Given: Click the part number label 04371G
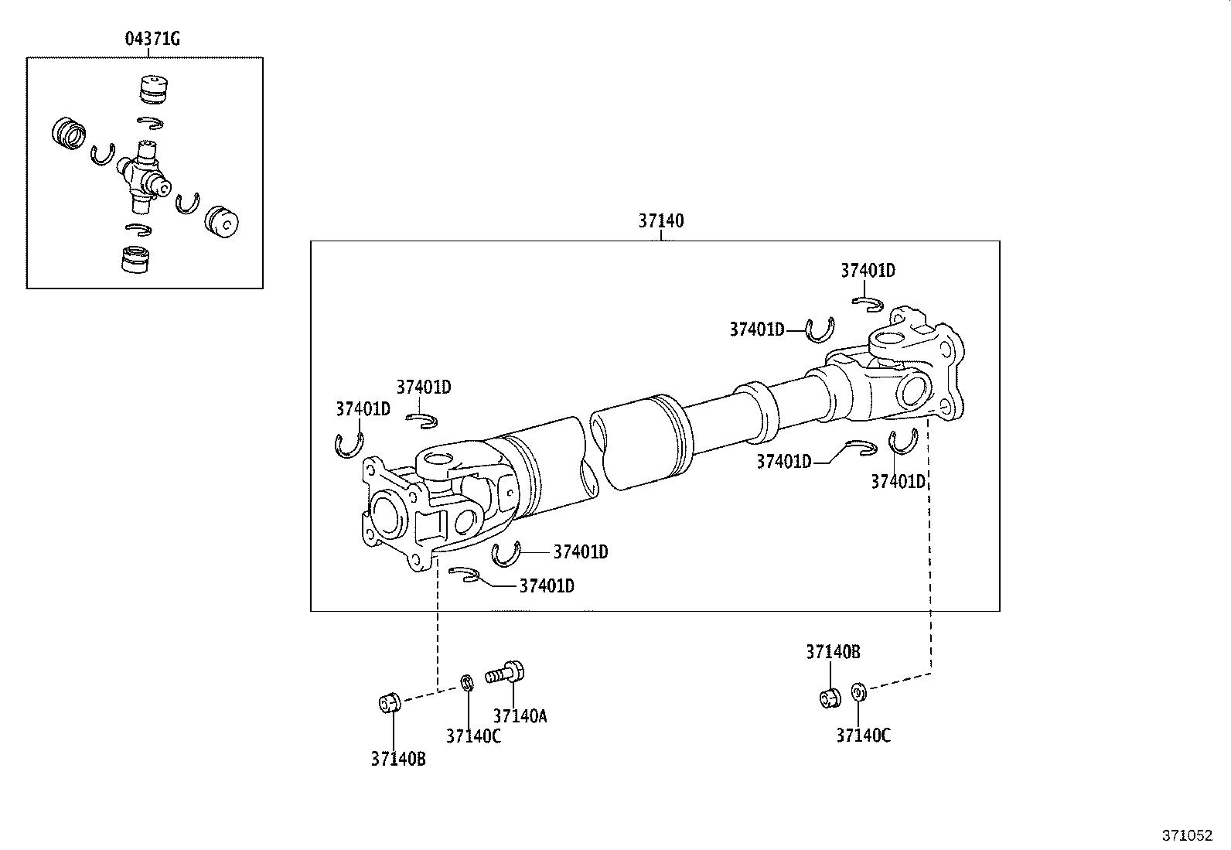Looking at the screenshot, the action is [x=152, y=39].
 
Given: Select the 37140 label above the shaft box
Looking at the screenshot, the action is [x=660, y=220].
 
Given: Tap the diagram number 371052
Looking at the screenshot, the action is [x=1187, y=836].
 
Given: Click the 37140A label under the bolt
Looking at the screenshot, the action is [x=520, y=716].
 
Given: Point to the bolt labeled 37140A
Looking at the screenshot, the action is [x=504, y=673].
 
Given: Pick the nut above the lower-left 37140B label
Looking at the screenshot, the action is [x=390, y=703].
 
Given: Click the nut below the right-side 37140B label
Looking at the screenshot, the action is [x=830, y=698].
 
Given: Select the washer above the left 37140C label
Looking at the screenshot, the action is [x=467, y=683].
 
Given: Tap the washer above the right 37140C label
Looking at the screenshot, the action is [x=858, y=691].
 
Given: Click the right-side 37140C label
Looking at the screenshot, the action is [x=864, y=735].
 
